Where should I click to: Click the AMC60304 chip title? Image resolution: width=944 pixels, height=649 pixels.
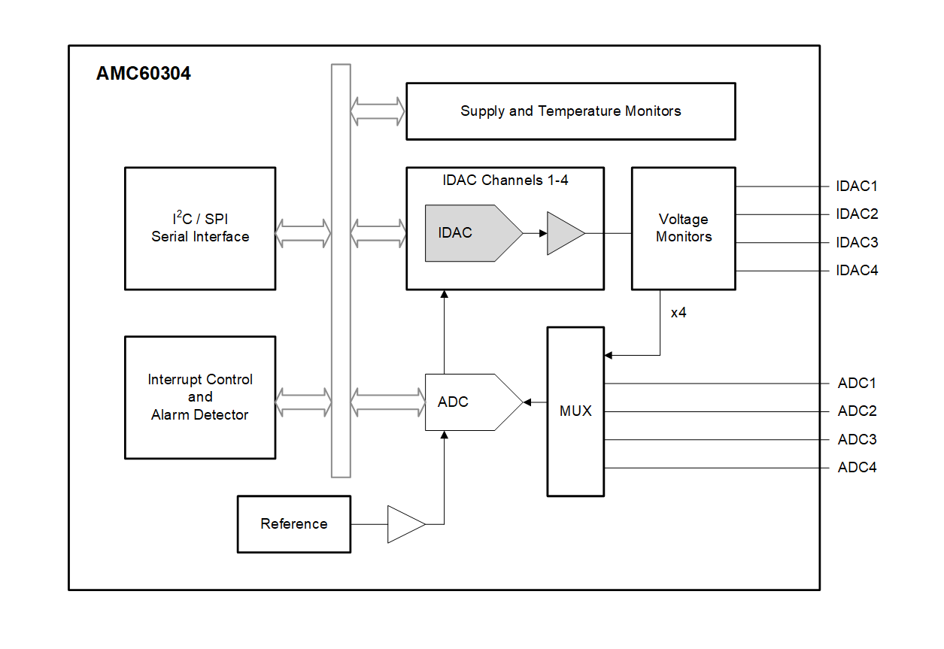[x=144, y=74]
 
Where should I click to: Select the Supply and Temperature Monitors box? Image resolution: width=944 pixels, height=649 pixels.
[x=570, y=111]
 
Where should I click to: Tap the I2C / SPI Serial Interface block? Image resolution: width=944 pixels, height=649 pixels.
[x=200, y=228]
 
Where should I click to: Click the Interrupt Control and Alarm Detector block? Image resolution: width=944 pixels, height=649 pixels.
[x=200, y=397]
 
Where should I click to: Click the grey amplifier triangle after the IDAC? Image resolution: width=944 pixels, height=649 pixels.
[x=563, y=233]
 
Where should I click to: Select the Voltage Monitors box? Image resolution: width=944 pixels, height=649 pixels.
[x=683, y=228]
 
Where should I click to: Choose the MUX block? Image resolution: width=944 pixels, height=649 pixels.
[x=575, y=411]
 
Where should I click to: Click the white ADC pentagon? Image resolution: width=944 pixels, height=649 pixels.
[x=466, y=402]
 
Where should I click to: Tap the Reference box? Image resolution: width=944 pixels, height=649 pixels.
[x=294, y=524]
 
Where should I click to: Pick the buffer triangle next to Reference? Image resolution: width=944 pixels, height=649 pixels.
[x=404, y=524]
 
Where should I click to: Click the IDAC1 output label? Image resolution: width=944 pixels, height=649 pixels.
[x=857, y=187]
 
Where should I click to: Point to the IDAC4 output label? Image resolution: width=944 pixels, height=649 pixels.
[x=857, y=271]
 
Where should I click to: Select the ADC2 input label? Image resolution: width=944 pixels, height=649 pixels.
[x=857, y=411]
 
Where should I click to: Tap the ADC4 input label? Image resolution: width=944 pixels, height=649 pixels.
[x=857, y=468]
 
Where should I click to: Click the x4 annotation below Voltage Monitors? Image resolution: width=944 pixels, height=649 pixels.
[x=678, y=313]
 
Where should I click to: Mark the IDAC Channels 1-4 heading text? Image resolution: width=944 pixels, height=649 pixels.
[x=505, y=180]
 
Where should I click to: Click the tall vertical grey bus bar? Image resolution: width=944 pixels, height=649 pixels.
[x=341, y=271]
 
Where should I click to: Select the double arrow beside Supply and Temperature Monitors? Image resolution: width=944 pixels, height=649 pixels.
[x=378, y=111]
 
